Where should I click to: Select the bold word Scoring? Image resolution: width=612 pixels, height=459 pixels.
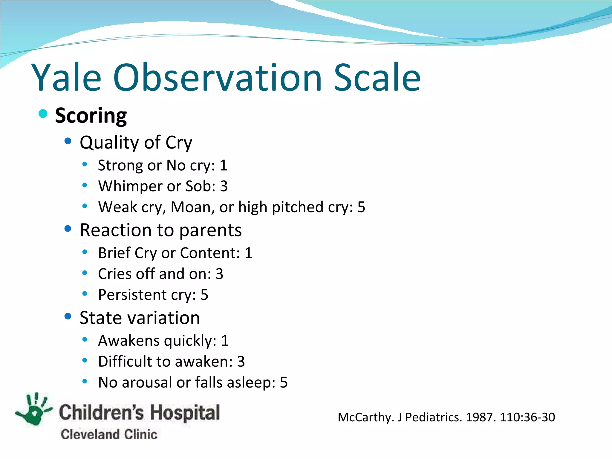(x=91, y=116)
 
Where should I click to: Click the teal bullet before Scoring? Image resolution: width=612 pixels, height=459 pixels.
(x=43, y=114)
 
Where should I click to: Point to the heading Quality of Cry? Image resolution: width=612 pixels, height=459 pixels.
(x=136, y=142)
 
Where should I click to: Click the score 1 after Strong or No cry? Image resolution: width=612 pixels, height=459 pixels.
(x=224, y=166)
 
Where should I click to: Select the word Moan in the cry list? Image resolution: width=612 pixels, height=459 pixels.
(x=190, y=207)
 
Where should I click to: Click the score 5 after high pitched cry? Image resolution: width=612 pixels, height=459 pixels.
(x=361, y=207)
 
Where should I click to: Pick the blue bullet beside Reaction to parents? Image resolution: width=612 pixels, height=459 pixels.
(x=68, y=229)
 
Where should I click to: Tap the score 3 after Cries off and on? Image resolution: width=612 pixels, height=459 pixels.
(x=219, y=274)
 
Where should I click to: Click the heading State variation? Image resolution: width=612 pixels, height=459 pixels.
(x=140, y=318)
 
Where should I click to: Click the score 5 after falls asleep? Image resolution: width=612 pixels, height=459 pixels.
(x=284, y=382)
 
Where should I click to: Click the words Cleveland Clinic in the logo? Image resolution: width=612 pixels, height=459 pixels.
(x=109, y=434)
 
